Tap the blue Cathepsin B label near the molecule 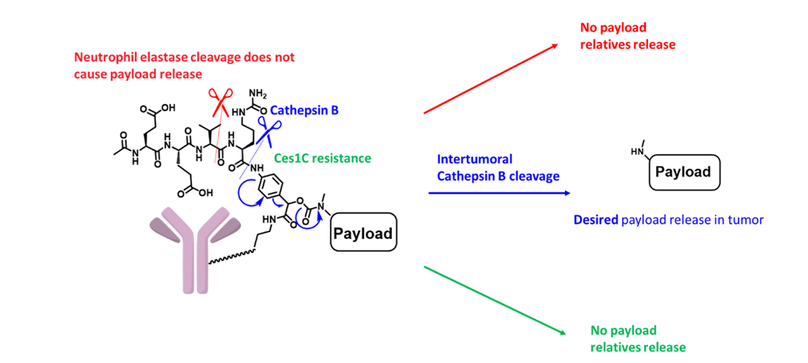(305, 110)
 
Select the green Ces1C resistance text (323, 158)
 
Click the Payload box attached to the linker (362, 233)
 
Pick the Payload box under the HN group (683, 172)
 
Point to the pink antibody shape (194, 247)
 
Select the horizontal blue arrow (499, 193)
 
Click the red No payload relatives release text (627, 36)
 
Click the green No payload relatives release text (637, 339)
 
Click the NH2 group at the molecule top (258, 94)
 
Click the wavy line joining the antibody (232, 257)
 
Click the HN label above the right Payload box (636, 151)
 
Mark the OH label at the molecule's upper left (167, 108)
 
